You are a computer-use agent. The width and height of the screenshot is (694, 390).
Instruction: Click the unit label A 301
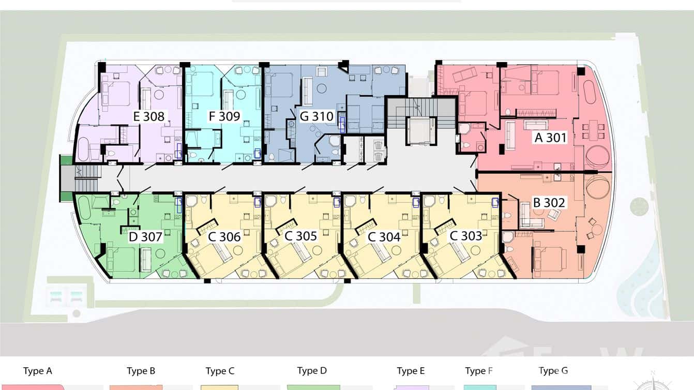(550, 138)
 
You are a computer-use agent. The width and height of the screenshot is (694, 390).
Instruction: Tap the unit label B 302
(549, 203)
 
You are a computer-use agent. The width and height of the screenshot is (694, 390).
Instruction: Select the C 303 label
(465, 236)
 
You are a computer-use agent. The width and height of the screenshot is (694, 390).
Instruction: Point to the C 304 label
(384, 237)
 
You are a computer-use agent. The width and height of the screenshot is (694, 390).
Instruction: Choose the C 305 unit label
(300, 236)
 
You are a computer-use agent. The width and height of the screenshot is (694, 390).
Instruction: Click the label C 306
(224, 237)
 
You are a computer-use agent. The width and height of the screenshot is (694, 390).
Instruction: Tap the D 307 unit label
(145, 237)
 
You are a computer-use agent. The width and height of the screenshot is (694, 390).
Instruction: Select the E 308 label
(149, 116)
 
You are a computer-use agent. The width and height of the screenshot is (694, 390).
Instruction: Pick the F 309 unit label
(224, 116)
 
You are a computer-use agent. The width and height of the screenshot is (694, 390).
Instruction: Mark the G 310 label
(316, 116)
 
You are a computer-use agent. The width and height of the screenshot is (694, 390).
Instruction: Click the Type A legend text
(37, 371)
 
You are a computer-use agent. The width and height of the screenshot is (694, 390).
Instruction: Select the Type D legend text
(312, 370)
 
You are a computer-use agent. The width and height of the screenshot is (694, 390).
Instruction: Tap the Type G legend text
(553, 370)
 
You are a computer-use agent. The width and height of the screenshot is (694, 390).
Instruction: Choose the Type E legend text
(411, 371)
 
